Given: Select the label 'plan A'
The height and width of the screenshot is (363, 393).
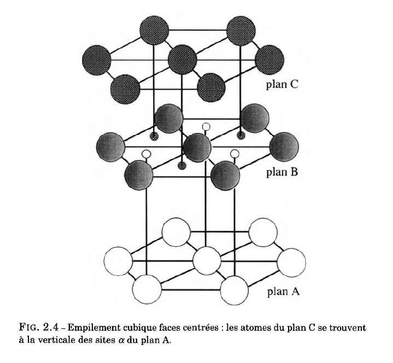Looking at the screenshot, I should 282,291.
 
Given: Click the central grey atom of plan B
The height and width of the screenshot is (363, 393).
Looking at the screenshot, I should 197,147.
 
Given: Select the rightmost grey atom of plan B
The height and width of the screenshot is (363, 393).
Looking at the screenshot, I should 284,147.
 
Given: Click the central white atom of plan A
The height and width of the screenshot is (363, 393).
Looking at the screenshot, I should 207,260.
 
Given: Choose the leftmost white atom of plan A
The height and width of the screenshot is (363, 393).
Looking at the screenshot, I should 119,260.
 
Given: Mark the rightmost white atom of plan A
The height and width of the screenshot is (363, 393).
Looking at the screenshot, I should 291,260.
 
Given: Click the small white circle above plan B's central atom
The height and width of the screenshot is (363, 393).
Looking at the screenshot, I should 206,127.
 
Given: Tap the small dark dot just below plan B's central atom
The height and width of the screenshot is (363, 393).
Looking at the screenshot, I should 183,165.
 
